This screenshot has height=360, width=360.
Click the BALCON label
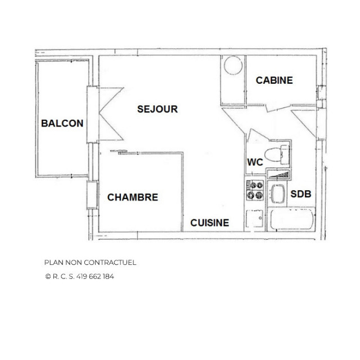[x=62, y=124]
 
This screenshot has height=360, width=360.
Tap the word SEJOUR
[x=157, y=109]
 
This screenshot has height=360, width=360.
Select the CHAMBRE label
[x=133, y=197]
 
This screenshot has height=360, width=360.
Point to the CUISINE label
[x=209, y=223]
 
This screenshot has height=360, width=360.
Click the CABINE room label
[x=274, y=80]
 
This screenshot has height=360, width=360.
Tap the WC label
[x=255, y=162]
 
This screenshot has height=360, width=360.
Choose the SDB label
[x=301, y=194]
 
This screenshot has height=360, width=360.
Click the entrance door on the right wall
[x=307, y=121]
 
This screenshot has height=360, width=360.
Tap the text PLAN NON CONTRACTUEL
[x=90, y=262]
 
